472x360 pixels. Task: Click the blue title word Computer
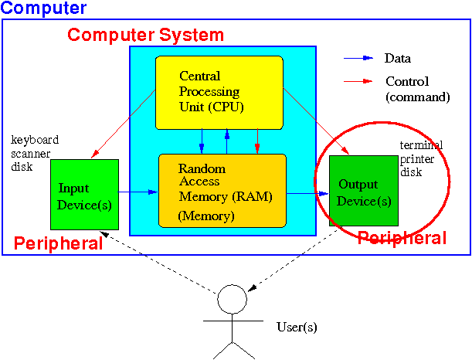coord(44,8)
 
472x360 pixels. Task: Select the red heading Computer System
coord(146,35)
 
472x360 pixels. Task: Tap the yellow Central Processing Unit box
coord(219,93)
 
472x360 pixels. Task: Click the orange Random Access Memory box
coord(222,191)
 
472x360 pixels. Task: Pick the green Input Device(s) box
coord(84,195)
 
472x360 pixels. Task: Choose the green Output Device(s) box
coord(364,191)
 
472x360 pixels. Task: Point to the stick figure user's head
coord(232,299)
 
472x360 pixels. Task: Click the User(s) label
coord(297,328)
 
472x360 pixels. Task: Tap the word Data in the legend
coord(397,58)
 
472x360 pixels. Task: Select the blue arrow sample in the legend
coord(358,58)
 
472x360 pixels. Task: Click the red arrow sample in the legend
coord(358,81)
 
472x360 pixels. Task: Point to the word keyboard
coord(35,140)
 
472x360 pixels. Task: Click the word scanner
coord(30,154)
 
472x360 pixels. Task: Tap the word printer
coord(417,159)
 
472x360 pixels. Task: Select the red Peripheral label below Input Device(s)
coord(59,243)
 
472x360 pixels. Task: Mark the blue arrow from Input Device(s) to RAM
coord(138,192)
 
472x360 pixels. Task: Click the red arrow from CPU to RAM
coord(257,141)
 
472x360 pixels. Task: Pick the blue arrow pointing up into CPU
coord(227,141)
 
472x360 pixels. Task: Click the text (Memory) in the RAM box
coord(206,216)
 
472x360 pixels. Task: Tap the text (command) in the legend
coord(418,97)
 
